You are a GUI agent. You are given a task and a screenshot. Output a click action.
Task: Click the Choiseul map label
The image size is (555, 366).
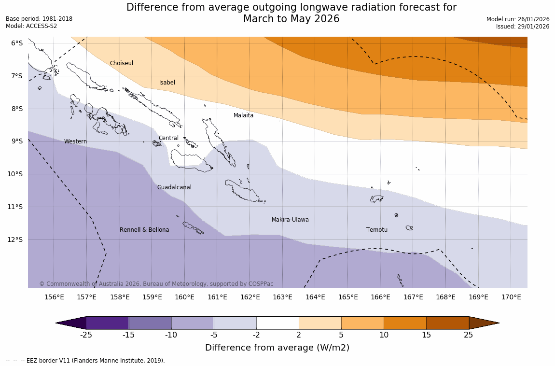pos(121,63)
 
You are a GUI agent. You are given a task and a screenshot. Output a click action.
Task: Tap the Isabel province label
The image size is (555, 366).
pos(167,83)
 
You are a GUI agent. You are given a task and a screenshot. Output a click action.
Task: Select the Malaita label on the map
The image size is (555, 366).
pos(243,115)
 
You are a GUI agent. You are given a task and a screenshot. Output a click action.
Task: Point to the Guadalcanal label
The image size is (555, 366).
pos(174,187)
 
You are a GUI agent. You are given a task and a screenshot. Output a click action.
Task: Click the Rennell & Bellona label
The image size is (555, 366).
pos(144,230)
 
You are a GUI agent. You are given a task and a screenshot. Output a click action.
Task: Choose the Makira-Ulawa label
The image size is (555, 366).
pos(290,220)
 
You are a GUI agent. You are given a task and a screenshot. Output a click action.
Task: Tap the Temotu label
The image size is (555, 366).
pos(376,230)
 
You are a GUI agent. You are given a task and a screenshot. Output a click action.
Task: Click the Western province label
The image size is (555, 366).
pos(75,141)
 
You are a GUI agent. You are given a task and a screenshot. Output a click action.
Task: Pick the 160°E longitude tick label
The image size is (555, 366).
pos(184,297)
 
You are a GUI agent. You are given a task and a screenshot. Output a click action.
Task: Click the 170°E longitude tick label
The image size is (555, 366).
pos(511,297)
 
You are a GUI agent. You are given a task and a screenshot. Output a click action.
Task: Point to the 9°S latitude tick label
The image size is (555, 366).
pos(17,141)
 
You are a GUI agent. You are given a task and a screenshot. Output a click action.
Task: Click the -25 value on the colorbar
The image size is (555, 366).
pos(86,335)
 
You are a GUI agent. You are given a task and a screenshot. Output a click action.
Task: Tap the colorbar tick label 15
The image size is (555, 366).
pos(426,335)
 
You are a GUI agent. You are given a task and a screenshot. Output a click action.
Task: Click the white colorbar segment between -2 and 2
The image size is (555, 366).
pos(277,323)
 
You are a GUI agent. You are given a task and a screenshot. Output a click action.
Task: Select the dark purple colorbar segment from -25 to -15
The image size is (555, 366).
pos(107,323)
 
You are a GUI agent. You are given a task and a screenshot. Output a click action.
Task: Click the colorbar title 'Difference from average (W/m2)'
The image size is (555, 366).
pos(277,348)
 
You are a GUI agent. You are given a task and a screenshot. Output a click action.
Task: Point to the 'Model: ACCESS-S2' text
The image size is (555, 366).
pos(31,26)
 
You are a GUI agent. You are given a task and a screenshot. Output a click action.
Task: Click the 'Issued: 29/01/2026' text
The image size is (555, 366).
pos(523,27)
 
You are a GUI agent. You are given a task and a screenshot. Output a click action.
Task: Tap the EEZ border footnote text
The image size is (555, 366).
pos(85,361)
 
